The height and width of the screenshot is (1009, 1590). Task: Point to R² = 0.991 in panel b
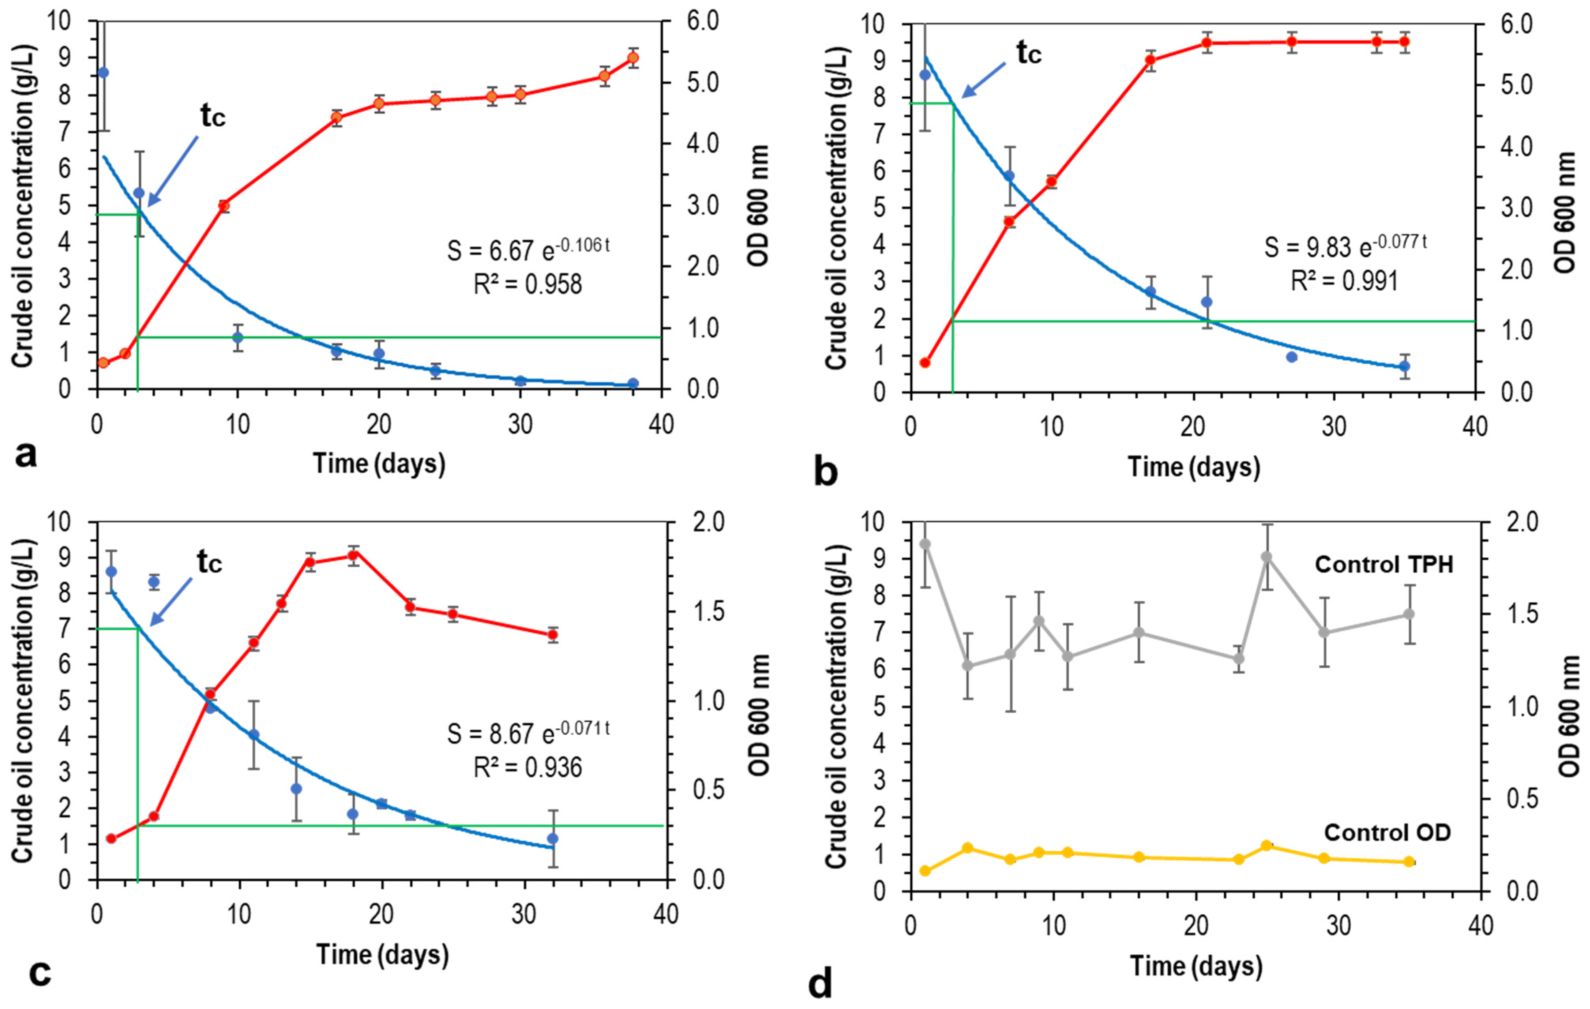pos(1344,281)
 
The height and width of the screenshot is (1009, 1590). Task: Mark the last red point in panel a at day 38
pos(633,57)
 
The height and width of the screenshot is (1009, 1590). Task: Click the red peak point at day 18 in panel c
pos(353,555)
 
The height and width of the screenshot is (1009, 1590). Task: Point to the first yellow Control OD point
pos(925,870)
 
